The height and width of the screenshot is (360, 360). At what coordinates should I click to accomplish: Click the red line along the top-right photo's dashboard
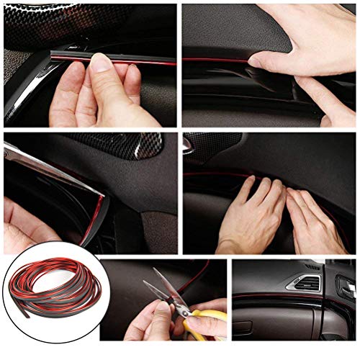click(216, 60)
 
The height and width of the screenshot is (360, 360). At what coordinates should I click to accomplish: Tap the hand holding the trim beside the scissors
click(148, 324)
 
